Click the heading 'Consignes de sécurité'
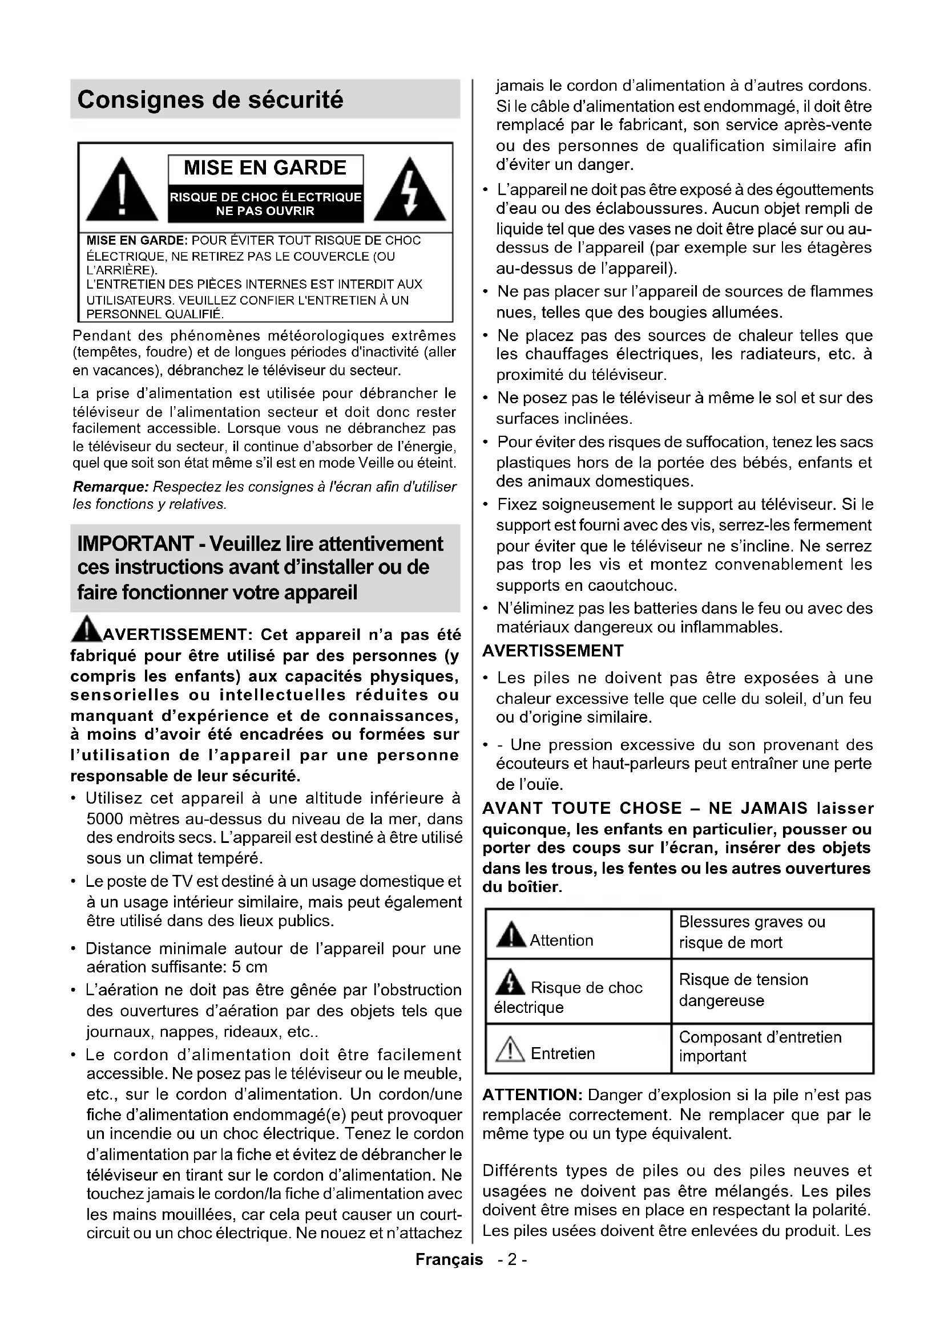pyautogui.click(x=211, y=100)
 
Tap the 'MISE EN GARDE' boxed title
pyautogui.click(x=265, y=168)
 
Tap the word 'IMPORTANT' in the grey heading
pyautogui.click(x=135, y=544)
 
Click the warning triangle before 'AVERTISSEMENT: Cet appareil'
pyautogui.click(x=86, y=629)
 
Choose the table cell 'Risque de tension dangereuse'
pyautogui.click(x=772, y=990)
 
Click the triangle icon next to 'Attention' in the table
pyautogui.click(x=511, y=934)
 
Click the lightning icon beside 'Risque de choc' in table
pyautogui.click(x=510, y=983)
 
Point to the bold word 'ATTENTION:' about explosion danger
pyautogui.click(x=532, y=1095)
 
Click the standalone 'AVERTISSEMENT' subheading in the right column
pyautogui.click(x=553, y=651)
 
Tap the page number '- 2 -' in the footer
pyautogui.click(x=512, y=1260)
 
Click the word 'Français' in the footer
pyautogui.click(x=449, y=1260)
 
